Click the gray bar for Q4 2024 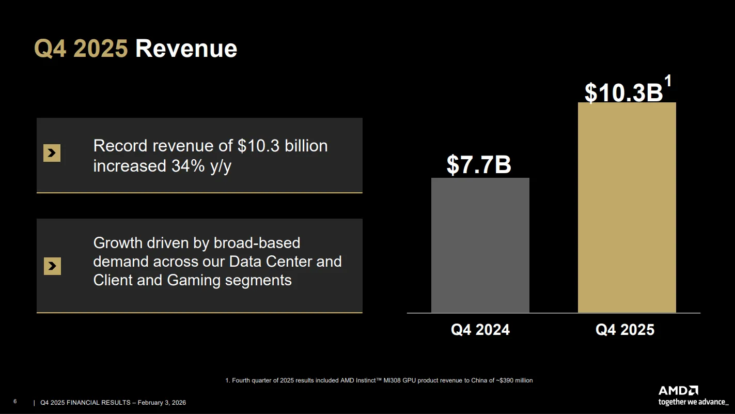point(480,246)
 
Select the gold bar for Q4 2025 point(627,207)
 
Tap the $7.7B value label point(479,164)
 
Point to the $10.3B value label point(623,93)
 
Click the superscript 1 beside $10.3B point(668,81)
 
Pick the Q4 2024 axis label point(480,330)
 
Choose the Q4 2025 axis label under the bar point(625,330)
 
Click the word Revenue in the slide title point(186,49)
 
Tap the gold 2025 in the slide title point(100,49)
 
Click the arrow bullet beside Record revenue point(52,153)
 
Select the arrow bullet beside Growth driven point(52,266)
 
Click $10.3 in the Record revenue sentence point(259,146)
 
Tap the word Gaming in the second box point(194,280)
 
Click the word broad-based point(257,243)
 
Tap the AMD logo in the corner point(678,391)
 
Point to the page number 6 point(15,402)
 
